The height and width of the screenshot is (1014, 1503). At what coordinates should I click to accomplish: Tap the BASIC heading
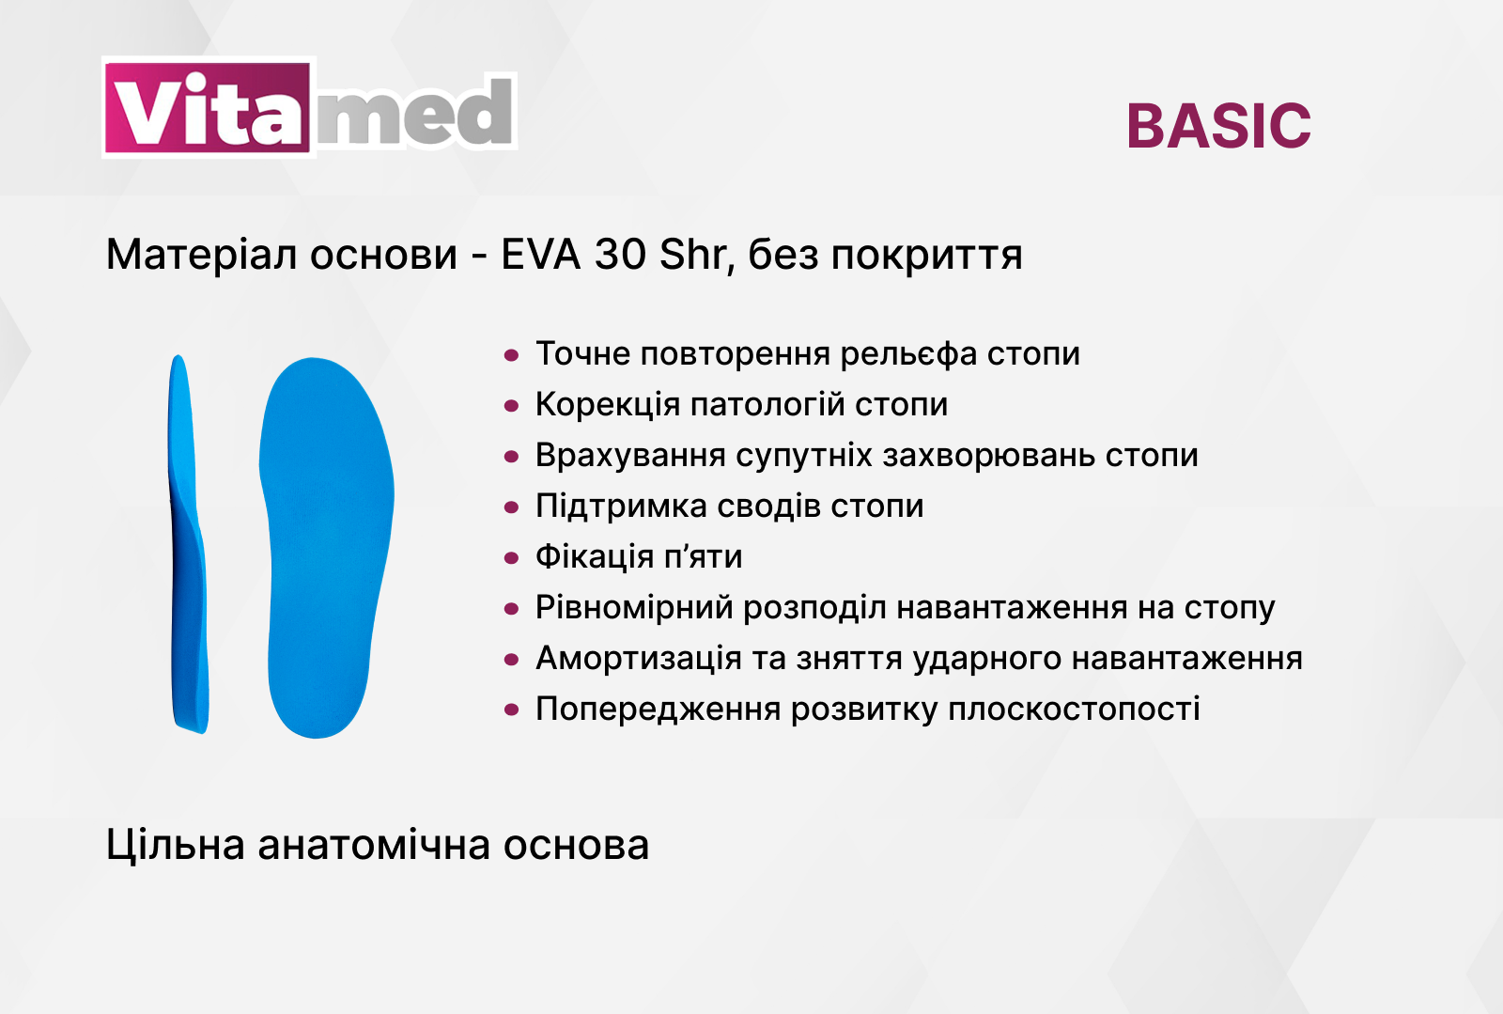tap(1218, 126)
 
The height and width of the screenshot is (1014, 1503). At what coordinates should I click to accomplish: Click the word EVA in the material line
tap(541, 255)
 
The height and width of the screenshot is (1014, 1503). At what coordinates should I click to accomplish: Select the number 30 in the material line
tap(620, 255)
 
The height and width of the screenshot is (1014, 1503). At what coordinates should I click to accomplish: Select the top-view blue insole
tap(326, 547)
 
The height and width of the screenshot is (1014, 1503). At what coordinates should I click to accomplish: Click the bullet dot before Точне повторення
tap(511, 355)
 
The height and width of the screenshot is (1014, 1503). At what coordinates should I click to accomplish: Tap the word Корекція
tap(608, 405)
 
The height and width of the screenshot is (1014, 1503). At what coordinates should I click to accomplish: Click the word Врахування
tap(630, 456)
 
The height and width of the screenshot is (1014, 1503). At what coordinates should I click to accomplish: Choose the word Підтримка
tap(621, 506)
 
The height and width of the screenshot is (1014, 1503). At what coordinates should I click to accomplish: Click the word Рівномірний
tap(634, 608)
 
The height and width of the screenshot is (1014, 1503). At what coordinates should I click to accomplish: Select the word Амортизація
tap(638, 659)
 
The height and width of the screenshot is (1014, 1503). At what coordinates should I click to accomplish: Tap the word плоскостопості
tap(1074, 710)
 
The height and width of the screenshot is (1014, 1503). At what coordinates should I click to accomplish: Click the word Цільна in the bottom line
tap(175, 844)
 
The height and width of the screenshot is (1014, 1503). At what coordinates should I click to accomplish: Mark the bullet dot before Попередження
tap(511, 710)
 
